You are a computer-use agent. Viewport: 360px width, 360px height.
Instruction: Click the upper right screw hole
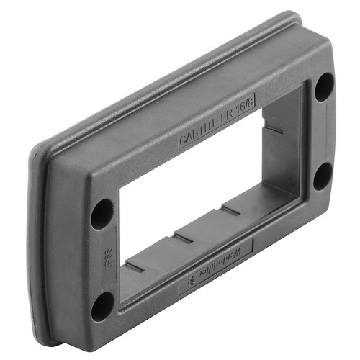[324, 87]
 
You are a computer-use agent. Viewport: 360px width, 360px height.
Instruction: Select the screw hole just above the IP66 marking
[102, 214]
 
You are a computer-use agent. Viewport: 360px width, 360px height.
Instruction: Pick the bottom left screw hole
[102, 305]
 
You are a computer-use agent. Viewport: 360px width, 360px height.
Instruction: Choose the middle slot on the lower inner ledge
[183, 235]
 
